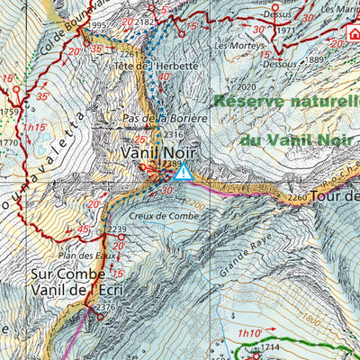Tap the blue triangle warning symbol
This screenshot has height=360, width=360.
pyautogui.click(x=184, y=171)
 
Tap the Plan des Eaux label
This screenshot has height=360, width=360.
pyautogui.click(x=85, y=256)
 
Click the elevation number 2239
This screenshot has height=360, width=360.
pyautogui.click(x=117, y=231)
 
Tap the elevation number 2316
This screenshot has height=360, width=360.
pyautogui.click(x=175, y=134)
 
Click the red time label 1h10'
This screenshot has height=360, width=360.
pyautogui.click(x=248, y=334)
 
